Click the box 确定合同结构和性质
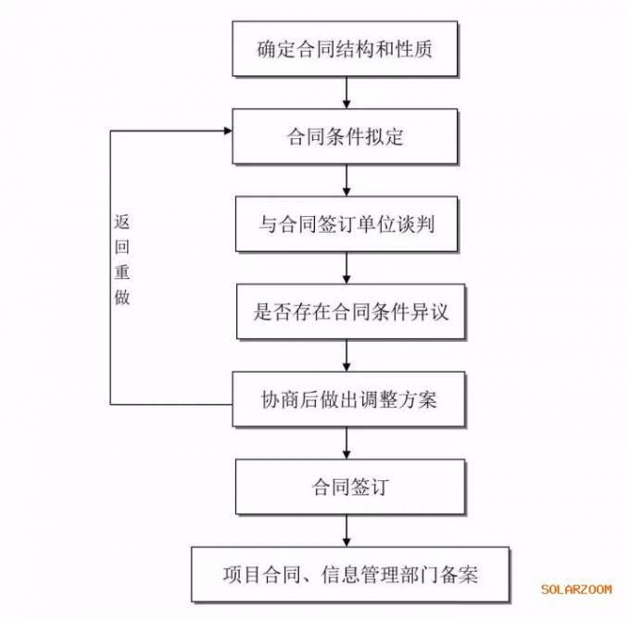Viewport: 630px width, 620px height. (x=345, y=48)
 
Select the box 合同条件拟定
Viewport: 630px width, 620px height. (x=345, y=136)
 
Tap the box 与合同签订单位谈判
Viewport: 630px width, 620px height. (x=346, y=223)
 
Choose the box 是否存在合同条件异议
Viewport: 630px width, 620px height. (x=351, y=311)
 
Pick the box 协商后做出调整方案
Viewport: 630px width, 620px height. (x=348, y=399)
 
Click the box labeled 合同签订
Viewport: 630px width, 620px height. (x=350, y=487)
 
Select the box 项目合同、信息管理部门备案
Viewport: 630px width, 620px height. (x=350, y=575)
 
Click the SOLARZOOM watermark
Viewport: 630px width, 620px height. (x=576, y=589)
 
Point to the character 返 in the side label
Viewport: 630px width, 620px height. (x=122, y=221)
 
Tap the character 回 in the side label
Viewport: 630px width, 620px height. (x=122, y=247)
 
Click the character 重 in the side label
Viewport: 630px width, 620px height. (x=122, y=272)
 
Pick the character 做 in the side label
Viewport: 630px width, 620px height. (x=122, y=297)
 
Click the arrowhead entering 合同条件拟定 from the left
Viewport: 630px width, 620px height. (x=228, y=131)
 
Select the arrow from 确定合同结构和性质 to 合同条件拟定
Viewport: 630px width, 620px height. (x=346, y=93)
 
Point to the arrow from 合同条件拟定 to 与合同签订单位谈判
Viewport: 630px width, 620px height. (x=346, y=180)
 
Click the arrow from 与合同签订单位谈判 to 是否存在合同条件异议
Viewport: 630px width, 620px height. (x=346, y=268)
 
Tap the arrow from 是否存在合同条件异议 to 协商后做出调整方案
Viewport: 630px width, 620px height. (x=346, y=356)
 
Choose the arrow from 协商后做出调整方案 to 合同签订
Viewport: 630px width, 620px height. (x=346, y=443)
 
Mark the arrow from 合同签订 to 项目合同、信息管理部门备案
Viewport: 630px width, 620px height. (x=346, y=530)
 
